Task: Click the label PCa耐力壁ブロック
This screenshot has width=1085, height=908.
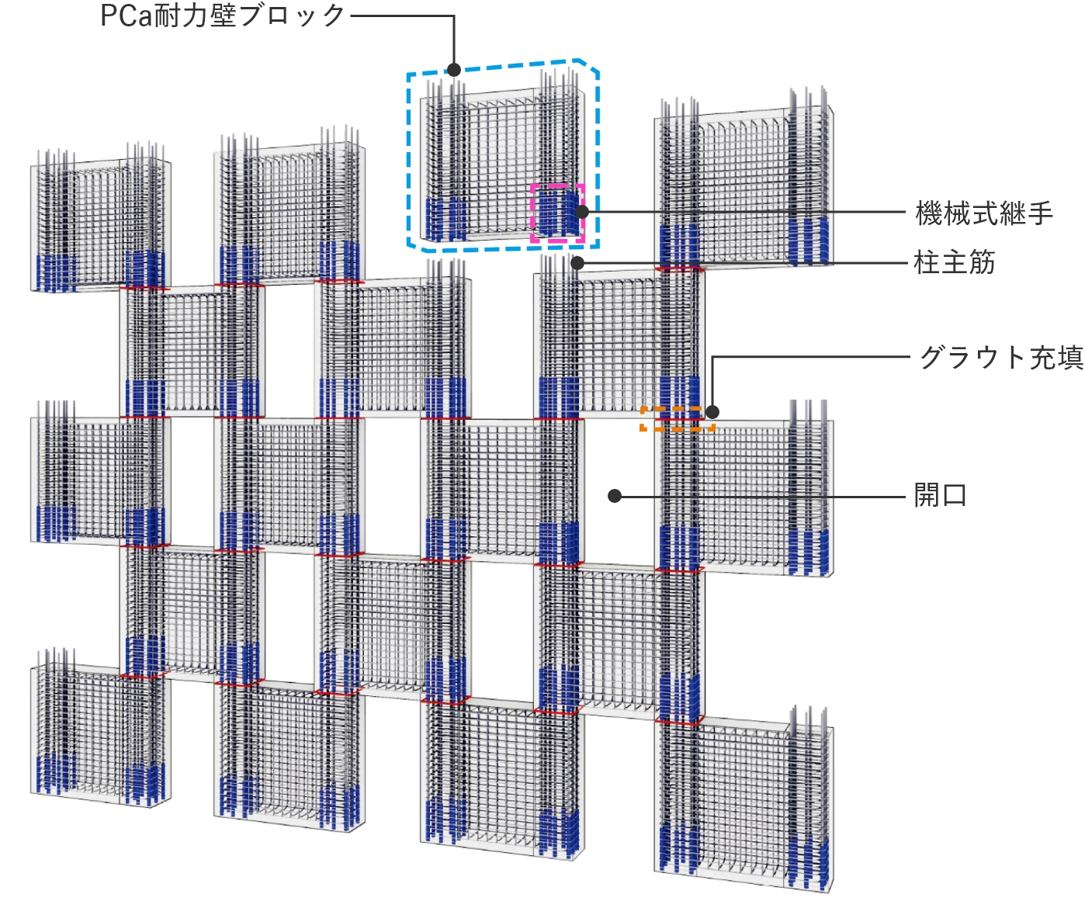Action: (223, 16)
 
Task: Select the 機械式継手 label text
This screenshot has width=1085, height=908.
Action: (984, 213)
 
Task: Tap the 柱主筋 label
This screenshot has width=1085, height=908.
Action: (955, 262)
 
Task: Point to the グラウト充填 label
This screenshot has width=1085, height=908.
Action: (1001, 358)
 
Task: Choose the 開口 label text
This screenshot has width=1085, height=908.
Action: (941, 495)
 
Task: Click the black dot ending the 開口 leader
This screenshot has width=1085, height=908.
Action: (615, 496)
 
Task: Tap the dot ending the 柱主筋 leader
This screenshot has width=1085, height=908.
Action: (577, 263)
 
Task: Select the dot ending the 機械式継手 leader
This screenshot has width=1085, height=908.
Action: (582, 212)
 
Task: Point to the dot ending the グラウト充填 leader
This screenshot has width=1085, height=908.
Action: (712, 412)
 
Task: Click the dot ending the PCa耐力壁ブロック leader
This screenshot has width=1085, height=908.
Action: (454, 70)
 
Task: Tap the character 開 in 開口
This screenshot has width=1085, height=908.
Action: (927, 495)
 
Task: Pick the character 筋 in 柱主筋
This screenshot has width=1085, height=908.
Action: (982, 262)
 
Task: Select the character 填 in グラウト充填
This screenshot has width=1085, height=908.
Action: (1070, 358)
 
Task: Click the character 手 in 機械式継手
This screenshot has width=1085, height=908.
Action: (1040, 213)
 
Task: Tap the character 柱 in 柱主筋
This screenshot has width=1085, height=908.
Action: (927, 262)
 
